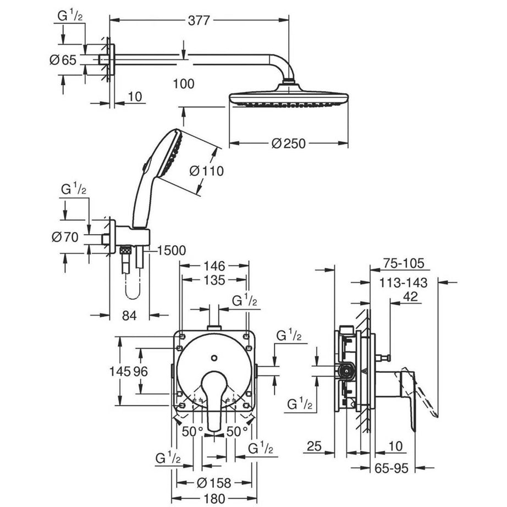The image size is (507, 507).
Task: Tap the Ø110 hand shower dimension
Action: pyautogui.click(x=207, y=171)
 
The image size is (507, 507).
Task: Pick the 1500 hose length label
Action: pyautogui.click(x=171, y=251)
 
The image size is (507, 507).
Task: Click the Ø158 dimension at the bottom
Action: pyautogui.click(x=214, y=483)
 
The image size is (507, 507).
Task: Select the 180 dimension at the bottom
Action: pyautogui.click(x=213, y=499)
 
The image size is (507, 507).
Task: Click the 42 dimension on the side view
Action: pyautogui.click(x=410, y=297)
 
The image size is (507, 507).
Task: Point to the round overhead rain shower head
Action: pyautogui.click(x=288, y=99)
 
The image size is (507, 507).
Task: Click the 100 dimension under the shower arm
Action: pyautogui.click(x=183, y=84)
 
